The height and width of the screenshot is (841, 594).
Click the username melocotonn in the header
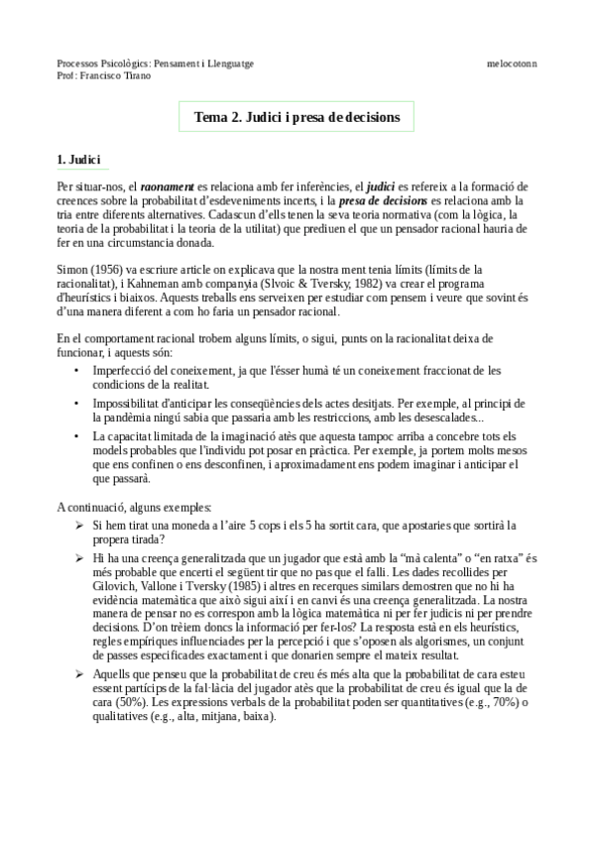pyautogui.click(x=512, y=62)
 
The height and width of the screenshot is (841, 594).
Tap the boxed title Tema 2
pyautogui.click(x=297, y=117)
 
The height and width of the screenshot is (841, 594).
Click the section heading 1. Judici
pyautogui.click(x=85, y=160)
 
